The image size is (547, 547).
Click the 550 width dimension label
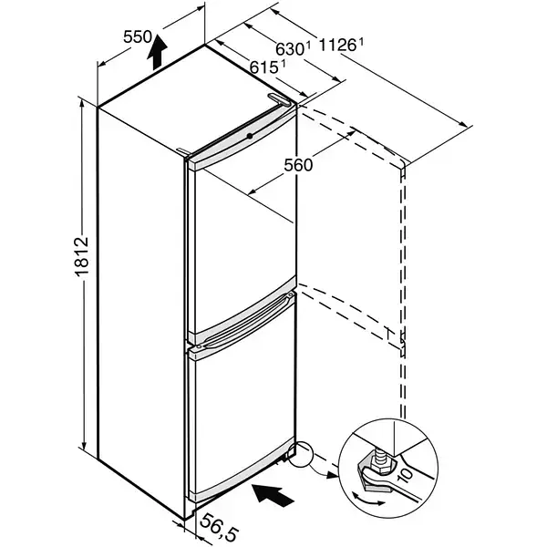pyautogui.click(x=138, y=36)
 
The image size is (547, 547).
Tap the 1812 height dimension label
pyautogui.click(x=82, y=257)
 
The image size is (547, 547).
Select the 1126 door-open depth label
pyautogui.click(x=337, y=46)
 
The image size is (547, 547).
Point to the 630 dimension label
pyautogui.click(x=289, y=49)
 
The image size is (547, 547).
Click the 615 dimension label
pyautogui.click(x=263, y=67)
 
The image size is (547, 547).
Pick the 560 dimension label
pyautogui.click(x=298, y=165)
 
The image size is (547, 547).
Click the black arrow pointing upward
pyautogui.click(x=157, y=52)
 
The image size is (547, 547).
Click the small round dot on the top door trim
pyautogui.click(x=250, y=136)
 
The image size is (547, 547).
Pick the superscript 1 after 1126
pyautogui.click(x=361, y=42)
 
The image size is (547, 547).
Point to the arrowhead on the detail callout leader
pyautogui.click(x=333, y=475)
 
